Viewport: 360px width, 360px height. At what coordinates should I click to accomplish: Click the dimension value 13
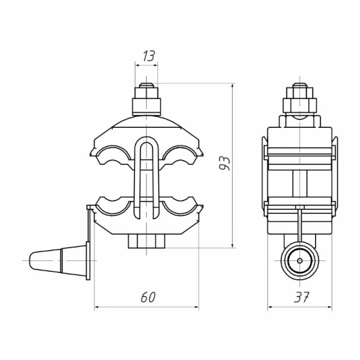click(x=149, y=56)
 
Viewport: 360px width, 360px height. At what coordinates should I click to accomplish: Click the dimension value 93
click(x=224, y=164)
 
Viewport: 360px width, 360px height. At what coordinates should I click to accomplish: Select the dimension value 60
click(x=148, y=297)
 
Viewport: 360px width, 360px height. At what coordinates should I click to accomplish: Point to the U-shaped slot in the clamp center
click(x=146, y=177)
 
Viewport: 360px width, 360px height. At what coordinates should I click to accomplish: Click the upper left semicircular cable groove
click(x=113, y=152)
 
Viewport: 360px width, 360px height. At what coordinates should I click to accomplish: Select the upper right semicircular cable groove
click(x=180, y=152)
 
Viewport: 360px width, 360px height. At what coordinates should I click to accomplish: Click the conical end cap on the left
click(x=58, y=260)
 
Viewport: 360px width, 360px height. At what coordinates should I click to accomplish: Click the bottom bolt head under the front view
click(x=146, y=241)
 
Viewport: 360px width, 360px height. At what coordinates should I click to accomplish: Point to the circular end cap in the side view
click(x=300, y=260)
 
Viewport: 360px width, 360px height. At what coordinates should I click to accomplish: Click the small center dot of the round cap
click(x=300, y=260)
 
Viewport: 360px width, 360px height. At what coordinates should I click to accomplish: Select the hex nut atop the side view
click(x=300, y=105)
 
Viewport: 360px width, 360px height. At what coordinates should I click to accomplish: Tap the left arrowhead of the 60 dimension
click(x=97, y=307)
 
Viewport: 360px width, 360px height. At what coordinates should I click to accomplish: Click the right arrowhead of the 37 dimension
click(x=329, y=307)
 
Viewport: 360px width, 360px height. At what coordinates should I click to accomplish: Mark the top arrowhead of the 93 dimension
click(x=233, y=86)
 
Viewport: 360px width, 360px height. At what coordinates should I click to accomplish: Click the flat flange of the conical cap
click(x=88, y=260)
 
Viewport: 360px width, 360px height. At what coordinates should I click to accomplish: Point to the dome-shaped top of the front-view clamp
click(x=146, y=122)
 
